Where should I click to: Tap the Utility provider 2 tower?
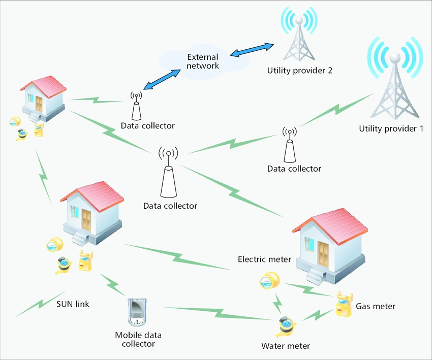299,38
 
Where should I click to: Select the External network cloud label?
203,61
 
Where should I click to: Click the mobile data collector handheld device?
135,313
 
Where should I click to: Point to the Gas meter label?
375,306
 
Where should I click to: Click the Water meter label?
285,346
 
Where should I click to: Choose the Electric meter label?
264,259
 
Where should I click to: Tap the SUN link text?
73,305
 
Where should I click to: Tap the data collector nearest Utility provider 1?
289,147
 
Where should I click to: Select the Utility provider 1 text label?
391,128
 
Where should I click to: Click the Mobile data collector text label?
135,339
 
